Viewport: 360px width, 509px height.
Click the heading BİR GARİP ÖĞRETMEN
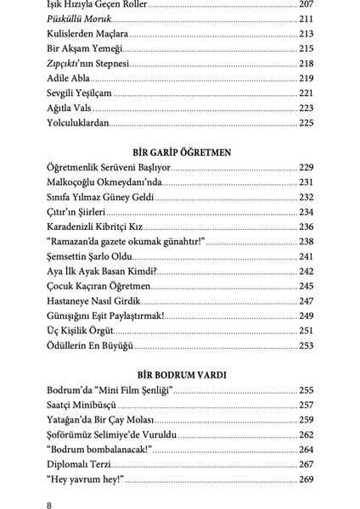tap(180, 152)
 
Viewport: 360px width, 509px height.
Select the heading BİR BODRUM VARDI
tap(180, 374)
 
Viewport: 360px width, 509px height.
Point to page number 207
tap(306, 4)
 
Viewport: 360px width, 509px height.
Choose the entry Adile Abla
tap(72, 79)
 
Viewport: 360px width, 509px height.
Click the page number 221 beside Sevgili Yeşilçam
tap(306, 93)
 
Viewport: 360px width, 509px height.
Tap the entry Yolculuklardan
tap(79, 123)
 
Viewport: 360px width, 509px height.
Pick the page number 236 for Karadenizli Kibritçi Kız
tap(306, 227)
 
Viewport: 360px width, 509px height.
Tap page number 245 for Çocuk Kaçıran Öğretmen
tap(306, 286)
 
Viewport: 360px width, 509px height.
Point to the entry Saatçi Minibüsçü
tap(85, 405)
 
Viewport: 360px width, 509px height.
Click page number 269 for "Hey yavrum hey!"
tap(306, 479)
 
